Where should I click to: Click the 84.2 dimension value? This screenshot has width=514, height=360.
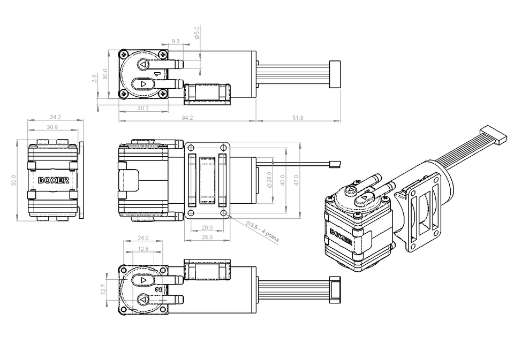[x=187, y=118]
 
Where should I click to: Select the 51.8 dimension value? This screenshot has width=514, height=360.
[x=298, y=118]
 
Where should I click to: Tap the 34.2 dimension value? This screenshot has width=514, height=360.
[x=55, y=117]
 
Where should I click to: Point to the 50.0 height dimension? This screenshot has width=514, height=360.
[x=14, y=180]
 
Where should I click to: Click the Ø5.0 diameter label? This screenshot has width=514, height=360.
[x=196, y=33]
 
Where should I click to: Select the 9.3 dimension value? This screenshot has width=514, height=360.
[x=176, y=41]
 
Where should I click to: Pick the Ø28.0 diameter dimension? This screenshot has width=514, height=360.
[x=270, y=180]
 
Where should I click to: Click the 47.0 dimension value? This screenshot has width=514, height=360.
[x=296, y=180]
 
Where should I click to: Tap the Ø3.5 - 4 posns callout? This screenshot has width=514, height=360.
[x=262, y=232]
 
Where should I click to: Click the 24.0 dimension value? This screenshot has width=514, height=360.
[x=143, y=238]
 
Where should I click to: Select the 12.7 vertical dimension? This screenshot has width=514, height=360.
[x=103, y=289]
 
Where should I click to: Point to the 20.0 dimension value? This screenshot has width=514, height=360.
[x=207, y=228]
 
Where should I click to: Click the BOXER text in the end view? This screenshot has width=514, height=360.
[x=54, y=180]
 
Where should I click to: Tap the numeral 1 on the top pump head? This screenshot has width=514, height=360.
[x=157, y=74]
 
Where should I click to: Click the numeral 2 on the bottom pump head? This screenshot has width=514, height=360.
[x=158, y=289]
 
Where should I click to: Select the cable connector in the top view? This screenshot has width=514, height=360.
[x=335, y=74]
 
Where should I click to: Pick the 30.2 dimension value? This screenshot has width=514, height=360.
[x=143, y=108]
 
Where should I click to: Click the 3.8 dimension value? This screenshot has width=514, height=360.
[x=94, y=78]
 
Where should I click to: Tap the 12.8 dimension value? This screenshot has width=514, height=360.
[x=143, y=249]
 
